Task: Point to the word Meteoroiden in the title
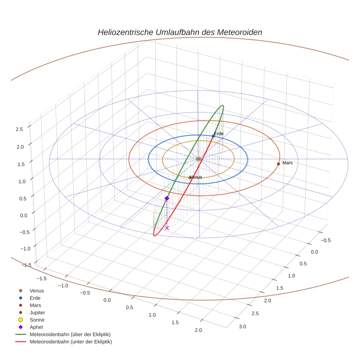[x=240, y=32]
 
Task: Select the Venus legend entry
[x=37, y=290]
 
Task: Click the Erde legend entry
[x=35, y=298]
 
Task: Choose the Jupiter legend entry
[x=37, y=312]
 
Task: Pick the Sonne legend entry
[x=37, y=320]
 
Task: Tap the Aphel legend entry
[x=36, y=327]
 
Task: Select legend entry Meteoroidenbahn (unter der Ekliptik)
[x=71, y=342]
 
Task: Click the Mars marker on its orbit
[x=278, y=164]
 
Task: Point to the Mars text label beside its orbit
[x=288, y=163]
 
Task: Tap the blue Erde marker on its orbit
[x=213, y=136]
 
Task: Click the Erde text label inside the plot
[x=219, y=134]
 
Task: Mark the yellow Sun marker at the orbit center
[x=198, y=159]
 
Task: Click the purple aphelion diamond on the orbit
[x=167, y=198]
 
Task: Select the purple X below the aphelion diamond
[x=167, y=228]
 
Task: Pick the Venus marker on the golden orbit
[x=190, y=177]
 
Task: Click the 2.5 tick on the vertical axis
[x=19, y=129]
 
